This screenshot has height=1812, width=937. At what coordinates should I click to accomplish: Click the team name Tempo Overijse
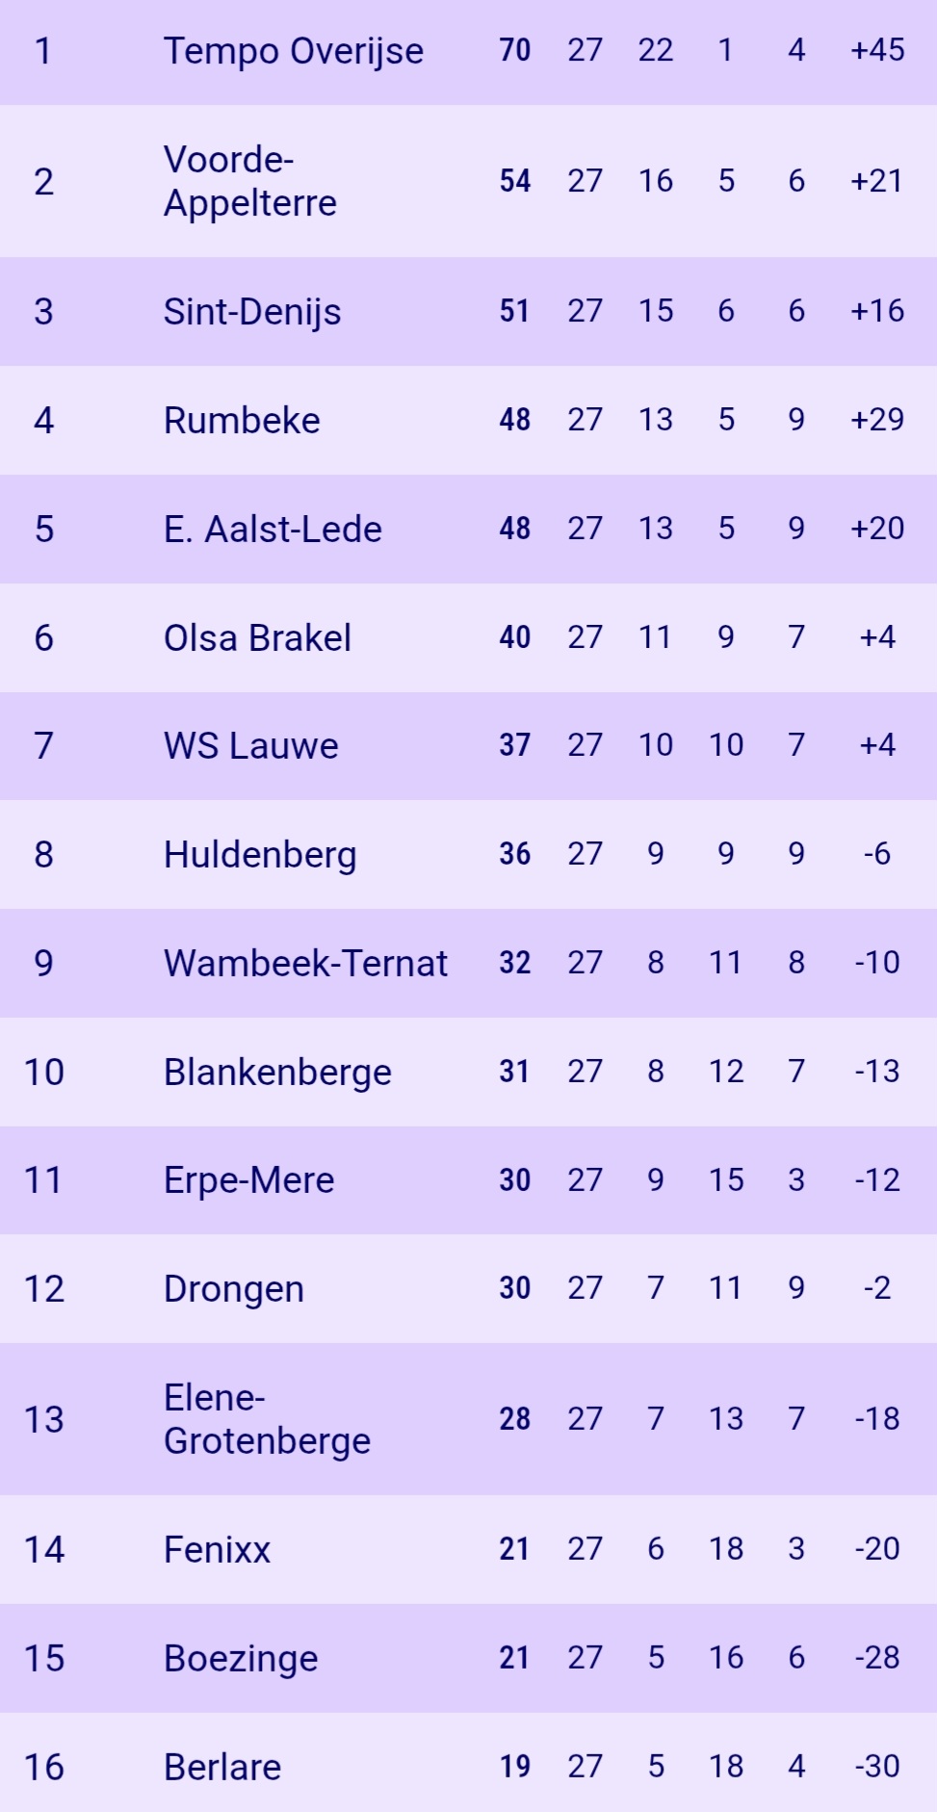[x=293, y=51]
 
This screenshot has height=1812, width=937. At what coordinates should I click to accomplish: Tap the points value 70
[x=514, y=50]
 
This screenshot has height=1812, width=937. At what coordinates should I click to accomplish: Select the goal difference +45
[x=877, y=50]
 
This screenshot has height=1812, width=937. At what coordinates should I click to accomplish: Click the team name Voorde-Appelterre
[x=249, y=181]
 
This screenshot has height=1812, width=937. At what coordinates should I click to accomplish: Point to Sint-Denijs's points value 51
[x=514, y=311]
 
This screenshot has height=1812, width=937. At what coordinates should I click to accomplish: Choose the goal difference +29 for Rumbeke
[x=877, y=420]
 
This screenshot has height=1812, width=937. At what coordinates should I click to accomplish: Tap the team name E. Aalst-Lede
[x=273, y=529]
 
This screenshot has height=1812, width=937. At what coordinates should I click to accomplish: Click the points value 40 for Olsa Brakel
[x=514, y=637]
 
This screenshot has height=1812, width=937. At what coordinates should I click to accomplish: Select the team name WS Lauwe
[x=250, y=746]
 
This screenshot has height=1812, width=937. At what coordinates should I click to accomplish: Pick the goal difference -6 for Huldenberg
[x=877, y=854]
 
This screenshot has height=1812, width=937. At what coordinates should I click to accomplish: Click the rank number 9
[x=43, y=963]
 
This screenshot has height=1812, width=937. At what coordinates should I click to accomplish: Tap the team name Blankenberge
[x=277, y=1072]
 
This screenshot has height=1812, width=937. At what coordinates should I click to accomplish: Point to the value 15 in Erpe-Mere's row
[x=726, y=1180]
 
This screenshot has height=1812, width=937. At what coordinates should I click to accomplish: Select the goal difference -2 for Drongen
[x=877, y=1288]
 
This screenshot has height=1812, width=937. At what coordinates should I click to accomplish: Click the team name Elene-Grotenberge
[x=267, y=1419]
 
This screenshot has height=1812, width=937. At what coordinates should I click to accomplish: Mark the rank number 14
[x=43, y=1549]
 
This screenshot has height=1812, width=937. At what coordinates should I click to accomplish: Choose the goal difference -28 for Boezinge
[x=877, y=1658]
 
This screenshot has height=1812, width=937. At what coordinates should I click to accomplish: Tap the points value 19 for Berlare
[x=514, y=1767]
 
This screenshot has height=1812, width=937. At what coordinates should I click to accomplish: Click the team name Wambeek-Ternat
[x=305, y=963]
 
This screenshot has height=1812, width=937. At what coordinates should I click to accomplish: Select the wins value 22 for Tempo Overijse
[x=656, y=50]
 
